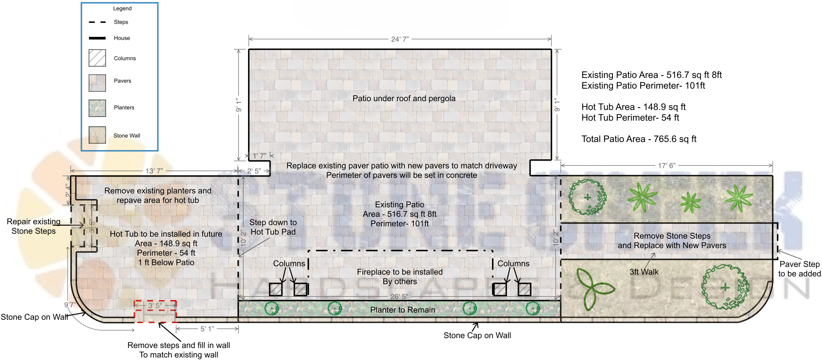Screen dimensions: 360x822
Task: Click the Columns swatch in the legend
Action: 97,58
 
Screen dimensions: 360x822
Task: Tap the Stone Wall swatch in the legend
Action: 97,135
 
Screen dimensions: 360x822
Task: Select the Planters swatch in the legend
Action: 97,108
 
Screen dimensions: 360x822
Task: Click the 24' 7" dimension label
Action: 400,39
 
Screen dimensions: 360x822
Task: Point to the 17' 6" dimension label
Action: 667,165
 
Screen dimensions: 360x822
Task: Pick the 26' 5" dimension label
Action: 399,297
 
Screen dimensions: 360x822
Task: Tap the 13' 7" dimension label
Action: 154,171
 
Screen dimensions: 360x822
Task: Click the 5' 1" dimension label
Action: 207,329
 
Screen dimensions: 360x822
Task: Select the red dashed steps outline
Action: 155,311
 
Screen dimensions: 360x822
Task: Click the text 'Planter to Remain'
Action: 403,310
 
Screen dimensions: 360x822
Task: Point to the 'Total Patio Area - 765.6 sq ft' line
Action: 639,139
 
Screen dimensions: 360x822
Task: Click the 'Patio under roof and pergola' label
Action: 404,98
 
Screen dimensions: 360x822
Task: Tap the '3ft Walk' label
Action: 644,272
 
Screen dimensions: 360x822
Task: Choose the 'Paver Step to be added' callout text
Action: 799,269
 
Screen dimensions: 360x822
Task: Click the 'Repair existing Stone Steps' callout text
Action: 34,226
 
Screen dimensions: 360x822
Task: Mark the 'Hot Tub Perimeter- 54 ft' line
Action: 630,118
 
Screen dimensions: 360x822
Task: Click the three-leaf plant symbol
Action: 593,288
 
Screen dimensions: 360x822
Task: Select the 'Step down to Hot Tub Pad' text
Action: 273,227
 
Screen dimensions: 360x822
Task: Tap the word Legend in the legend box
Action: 122,8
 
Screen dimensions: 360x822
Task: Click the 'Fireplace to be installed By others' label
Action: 400,277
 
